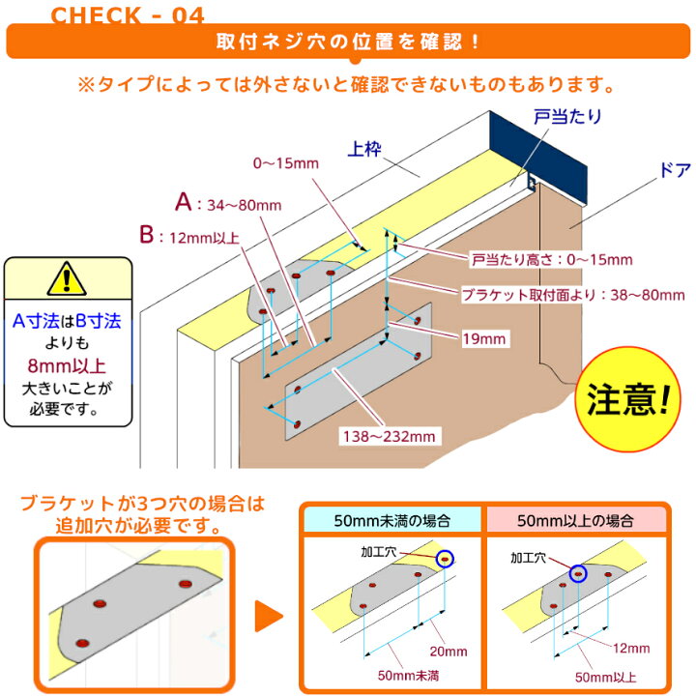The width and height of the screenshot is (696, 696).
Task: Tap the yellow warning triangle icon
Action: tap(67, 278)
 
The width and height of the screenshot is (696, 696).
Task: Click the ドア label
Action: tap(646, 167)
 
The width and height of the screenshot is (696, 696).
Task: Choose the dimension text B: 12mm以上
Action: tap(194, 235)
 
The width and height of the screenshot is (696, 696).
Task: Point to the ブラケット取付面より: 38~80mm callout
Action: tap(547, 293)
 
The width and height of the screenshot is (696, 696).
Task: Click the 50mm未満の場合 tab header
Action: tap(390, 520)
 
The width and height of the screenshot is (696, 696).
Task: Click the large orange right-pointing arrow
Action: tap(267, 615)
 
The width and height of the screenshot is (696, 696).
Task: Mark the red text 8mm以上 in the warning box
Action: tap(67, 366)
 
